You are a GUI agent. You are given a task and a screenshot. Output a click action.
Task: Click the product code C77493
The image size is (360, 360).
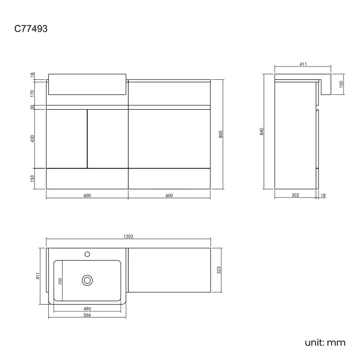(31, 28)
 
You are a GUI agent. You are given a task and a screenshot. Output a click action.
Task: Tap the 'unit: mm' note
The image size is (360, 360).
(325, 342)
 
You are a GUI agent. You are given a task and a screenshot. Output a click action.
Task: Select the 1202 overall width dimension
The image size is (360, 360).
(128, 236)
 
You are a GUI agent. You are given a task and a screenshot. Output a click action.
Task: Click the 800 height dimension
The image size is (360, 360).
(221, 134)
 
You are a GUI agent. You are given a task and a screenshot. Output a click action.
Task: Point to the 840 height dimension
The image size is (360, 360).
(261, 131)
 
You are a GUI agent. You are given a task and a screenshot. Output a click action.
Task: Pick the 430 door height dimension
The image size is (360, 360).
(33, 138)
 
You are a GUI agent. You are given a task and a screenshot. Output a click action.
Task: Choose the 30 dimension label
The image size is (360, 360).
(33, 107)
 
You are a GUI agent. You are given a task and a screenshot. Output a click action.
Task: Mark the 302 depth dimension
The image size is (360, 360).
(295, 196)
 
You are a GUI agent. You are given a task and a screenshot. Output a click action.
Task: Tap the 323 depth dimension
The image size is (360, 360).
(219, 270)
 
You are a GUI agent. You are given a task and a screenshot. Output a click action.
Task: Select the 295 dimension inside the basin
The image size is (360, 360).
(60, 281)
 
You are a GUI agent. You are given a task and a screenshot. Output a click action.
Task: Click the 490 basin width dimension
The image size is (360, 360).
(88, 308)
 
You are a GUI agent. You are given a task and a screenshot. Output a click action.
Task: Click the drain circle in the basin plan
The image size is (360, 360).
(87, 280)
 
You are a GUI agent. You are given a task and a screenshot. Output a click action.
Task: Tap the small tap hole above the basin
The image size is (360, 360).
(87, 254)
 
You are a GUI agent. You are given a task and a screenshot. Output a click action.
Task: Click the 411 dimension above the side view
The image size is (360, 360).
(303, 65)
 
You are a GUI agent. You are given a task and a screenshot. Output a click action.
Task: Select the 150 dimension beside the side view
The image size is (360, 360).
(342, 84)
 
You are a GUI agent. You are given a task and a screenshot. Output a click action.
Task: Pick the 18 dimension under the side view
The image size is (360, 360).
(323, 196)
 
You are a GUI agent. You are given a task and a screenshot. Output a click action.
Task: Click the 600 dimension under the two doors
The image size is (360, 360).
(87, 196)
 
